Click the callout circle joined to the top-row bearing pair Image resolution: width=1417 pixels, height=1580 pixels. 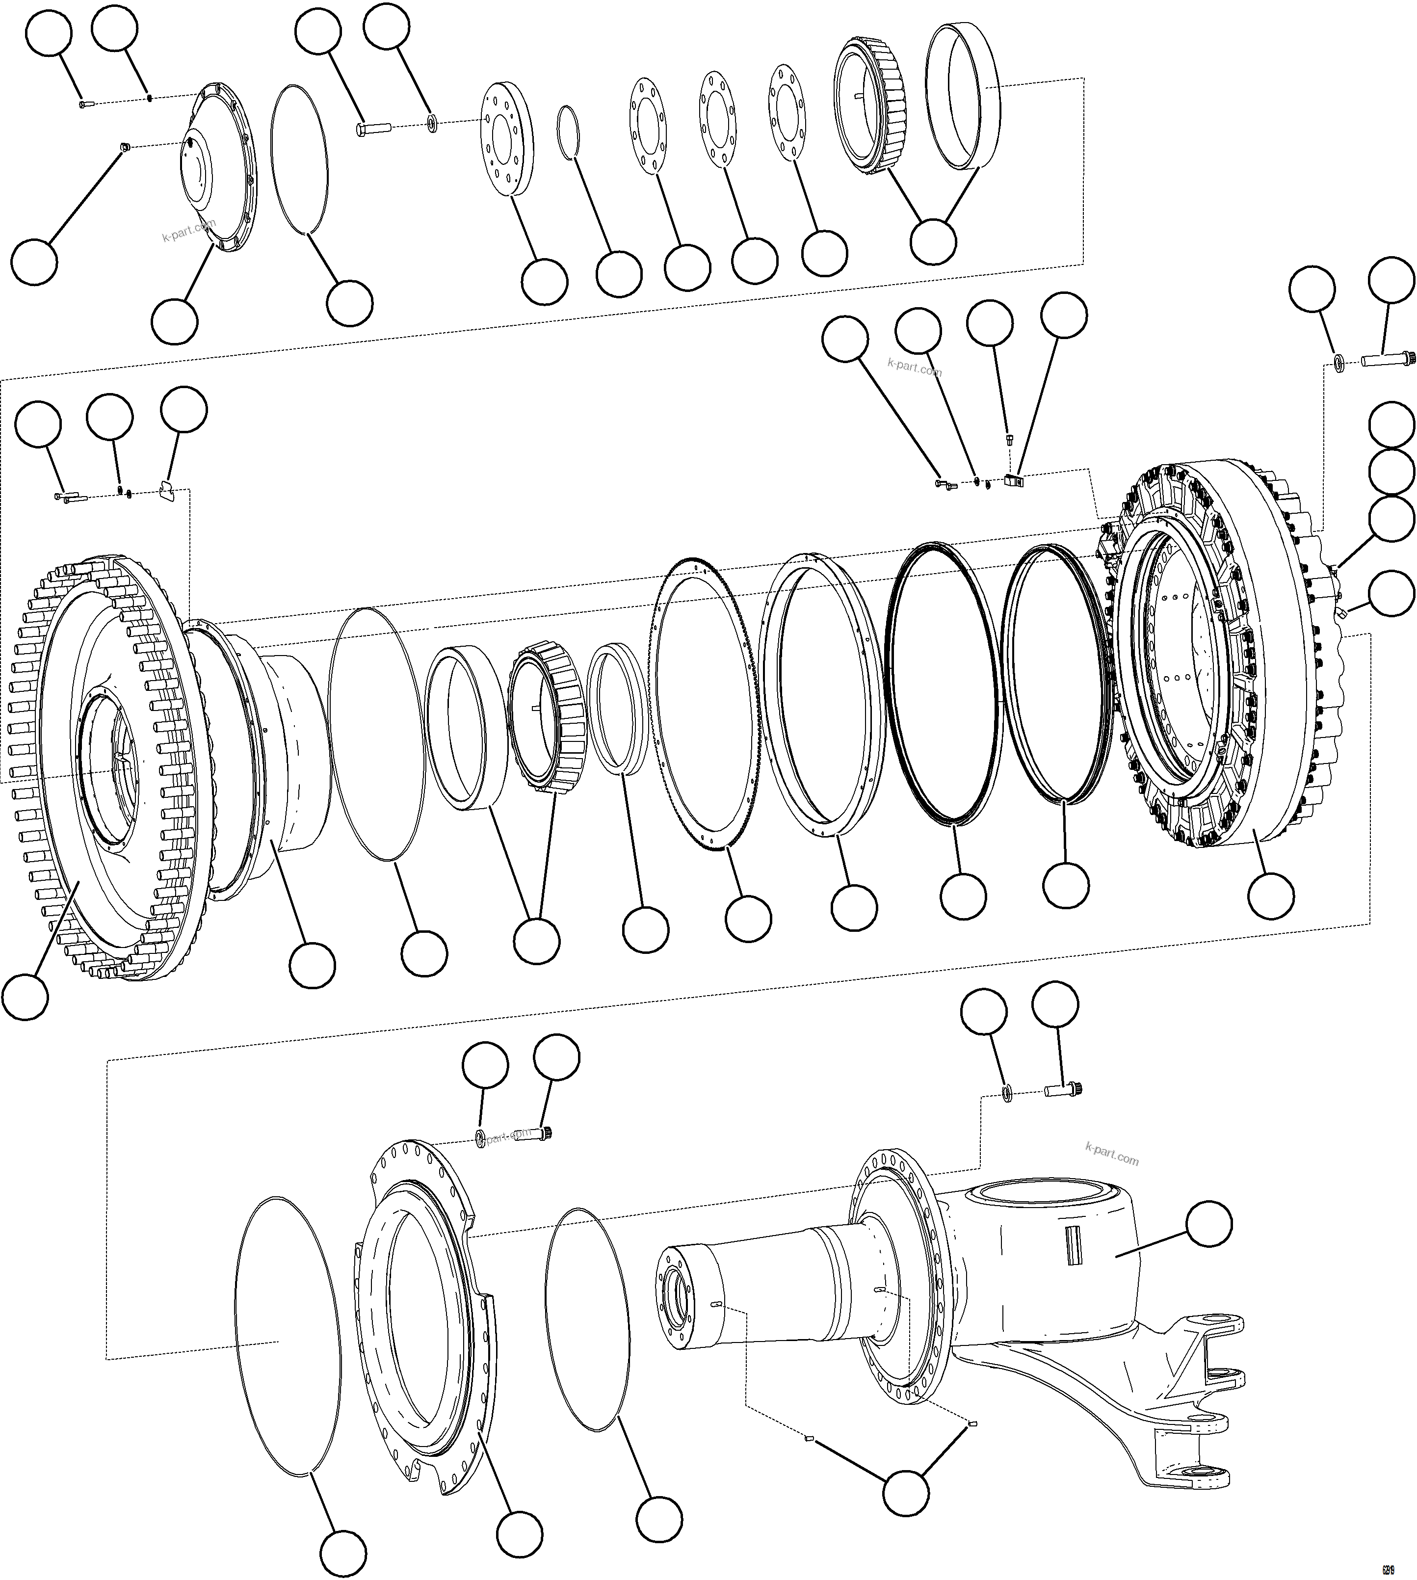tap(933, 241)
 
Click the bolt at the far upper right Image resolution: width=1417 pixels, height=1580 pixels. tap(1379, 360)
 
